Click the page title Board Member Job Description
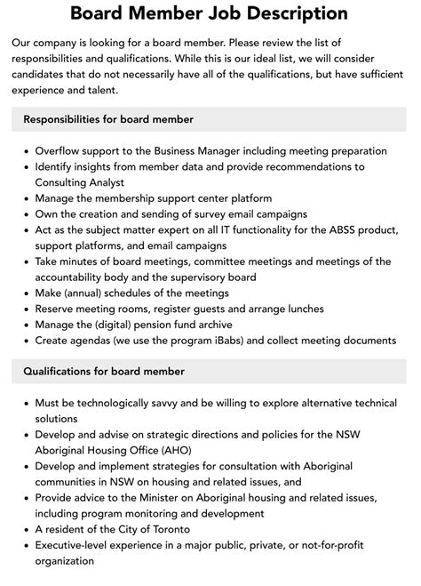click(x=210, y=13)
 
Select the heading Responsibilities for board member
click(x=108, y=119)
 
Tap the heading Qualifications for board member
click(x=104, y=371)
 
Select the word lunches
click(x=302, y=309)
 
